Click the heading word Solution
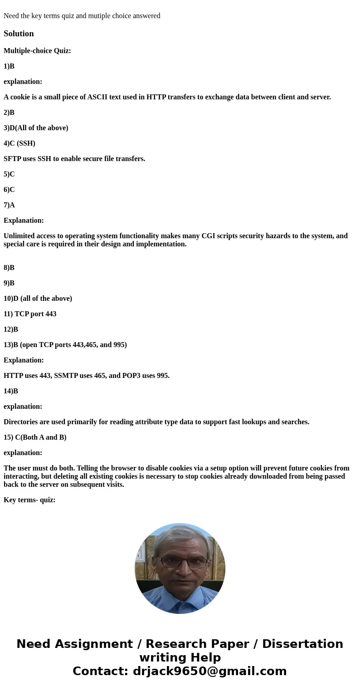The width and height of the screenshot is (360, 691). (x=19, y=34)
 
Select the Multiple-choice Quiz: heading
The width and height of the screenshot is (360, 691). (x=37, y=51)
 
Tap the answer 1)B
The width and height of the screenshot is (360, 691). (x=9, y=66)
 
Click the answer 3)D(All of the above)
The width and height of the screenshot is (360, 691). (x=36, y=128)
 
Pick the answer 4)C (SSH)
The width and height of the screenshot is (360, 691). (x=19, y=143)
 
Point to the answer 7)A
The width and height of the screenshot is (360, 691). (x=9, y=205)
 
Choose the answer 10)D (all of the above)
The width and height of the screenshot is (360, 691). (x=38, y=299)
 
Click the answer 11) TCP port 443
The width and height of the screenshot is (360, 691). (x=30, y=314)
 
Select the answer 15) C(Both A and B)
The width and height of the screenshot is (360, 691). (x=35, y=437)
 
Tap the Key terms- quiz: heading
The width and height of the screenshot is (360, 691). (x=29, y=500)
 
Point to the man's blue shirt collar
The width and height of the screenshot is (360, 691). (x=180, y=599)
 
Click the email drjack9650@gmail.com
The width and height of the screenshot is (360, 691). (x=209, y=671)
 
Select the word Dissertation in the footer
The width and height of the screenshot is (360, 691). (x=302, y=644)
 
